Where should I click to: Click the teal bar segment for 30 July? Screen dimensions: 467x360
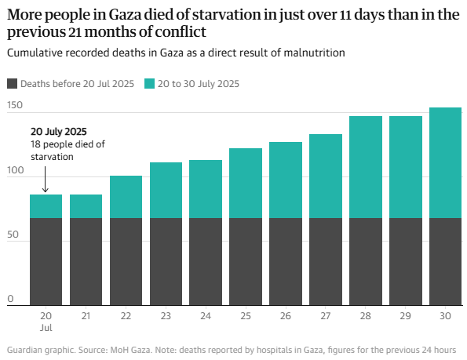coord(445,162)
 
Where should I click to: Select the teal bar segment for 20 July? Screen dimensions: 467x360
coord(46,206)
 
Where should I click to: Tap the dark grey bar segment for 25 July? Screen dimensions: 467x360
coord(246,261)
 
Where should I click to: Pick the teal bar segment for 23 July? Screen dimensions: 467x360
coord(166,190)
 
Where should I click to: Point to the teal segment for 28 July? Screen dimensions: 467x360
coord(366,167)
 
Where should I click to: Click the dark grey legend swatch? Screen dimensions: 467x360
coord(12,84)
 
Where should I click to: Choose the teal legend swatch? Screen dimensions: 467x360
coord(149,84)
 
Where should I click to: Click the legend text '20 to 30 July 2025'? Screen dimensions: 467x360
coord(199,84)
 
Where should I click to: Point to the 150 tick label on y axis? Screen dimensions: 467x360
coord(15,105)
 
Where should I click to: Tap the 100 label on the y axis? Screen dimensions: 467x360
coord(16,170)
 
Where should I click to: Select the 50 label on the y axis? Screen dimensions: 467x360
coord(13,235)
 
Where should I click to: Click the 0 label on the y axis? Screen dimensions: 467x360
coord(10,299)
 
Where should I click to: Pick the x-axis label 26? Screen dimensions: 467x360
coord(286,315)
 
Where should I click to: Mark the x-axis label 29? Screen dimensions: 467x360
coord(405,315)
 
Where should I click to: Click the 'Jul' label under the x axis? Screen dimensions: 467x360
coord(46,328)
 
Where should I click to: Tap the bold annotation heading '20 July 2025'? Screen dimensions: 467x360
coord(59,132)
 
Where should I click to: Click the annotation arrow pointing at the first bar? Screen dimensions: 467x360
coord(46,179)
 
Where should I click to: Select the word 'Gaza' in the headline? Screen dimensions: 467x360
coord(125,15)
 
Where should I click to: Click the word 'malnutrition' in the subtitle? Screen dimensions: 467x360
coord(314,53)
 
